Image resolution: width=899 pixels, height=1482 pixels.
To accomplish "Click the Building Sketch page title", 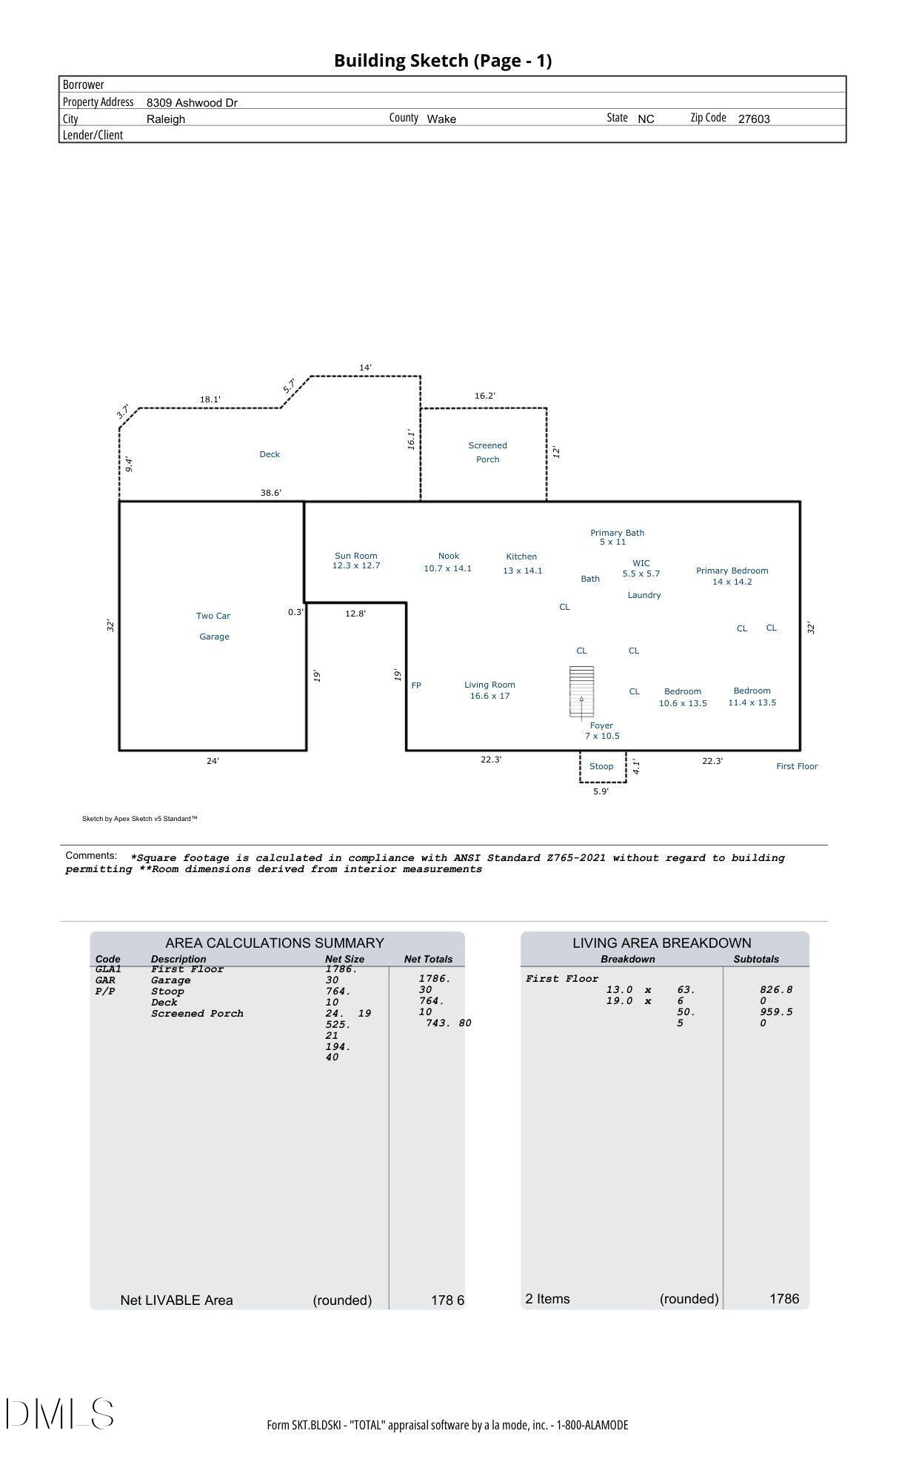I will pos(443,61).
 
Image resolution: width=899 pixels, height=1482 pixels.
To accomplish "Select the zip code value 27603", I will pos(754,119).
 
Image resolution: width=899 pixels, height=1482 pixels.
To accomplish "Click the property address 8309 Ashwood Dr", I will pos(192,102).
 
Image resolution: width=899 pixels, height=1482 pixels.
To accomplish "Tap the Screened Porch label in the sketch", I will pos(487,452).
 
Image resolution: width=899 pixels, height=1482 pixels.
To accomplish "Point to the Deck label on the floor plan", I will pos(270,454).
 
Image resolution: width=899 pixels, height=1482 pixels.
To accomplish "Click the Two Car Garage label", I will pos(213,626).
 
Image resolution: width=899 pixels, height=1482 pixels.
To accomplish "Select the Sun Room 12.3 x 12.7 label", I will pos(356,561).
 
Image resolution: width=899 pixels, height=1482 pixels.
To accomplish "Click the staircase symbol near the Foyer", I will pos(581,691).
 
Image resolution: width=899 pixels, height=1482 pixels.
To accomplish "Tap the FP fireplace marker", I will pos(416,685).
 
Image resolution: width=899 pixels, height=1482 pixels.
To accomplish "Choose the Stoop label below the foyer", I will pos(601,766).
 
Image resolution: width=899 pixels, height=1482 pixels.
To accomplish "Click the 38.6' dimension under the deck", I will pos(271,493).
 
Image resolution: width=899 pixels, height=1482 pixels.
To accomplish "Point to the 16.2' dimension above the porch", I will pos(485,396).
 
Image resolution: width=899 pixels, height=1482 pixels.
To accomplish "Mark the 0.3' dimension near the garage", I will pos(295,612).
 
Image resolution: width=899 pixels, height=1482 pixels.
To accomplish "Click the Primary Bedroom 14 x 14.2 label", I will pos(732,576).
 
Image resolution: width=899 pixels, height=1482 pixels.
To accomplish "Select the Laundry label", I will pos(644,595).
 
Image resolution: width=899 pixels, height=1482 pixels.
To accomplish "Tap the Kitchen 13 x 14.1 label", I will pos(522,563).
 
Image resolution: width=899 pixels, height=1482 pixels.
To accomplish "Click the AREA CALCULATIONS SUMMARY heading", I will pos(275,943).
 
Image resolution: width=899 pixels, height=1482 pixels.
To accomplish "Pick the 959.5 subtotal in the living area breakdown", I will pos(776,1011).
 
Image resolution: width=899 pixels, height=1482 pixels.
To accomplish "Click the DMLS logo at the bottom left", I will pos(60,1413).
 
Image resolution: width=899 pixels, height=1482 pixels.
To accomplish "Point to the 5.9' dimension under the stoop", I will pos(601,791).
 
